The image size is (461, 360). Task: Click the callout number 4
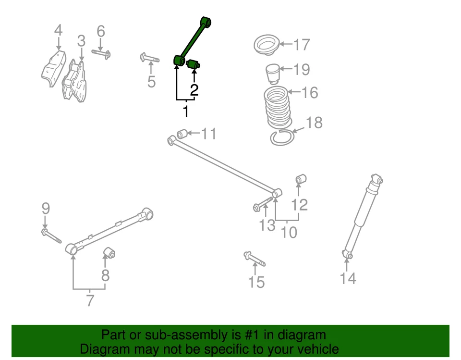(58, 31)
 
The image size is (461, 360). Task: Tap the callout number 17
(302, 45)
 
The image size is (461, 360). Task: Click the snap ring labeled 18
(281, 137)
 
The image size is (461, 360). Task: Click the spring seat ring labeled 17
(266, 46)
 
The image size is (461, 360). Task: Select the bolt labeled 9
(51, 236)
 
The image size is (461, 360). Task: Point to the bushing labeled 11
(182, 134)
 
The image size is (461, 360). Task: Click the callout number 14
(348, 278)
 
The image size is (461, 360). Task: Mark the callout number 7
(90, 301)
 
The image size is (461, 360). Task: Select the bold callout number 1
(185, 112)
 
